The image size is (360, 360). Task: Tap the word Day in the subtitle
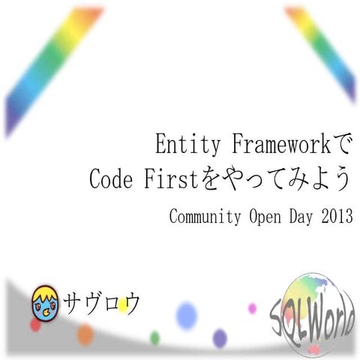coord(297,218)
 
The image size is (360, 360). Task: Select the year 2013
coord(334,218)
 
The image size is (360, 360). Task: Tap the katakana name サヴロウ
coord(102,303)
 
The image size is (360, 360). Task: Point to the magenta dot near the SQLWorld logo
coord(252,308)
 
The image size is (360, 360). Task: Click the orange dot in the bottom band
coord(85,334)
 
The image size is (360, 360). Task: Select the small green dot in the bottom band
coord(154,337)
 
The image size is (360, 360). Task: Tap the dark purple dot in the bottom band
coord(219,338)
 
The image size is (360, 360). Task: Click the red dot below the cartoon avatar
coord(34,325)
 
